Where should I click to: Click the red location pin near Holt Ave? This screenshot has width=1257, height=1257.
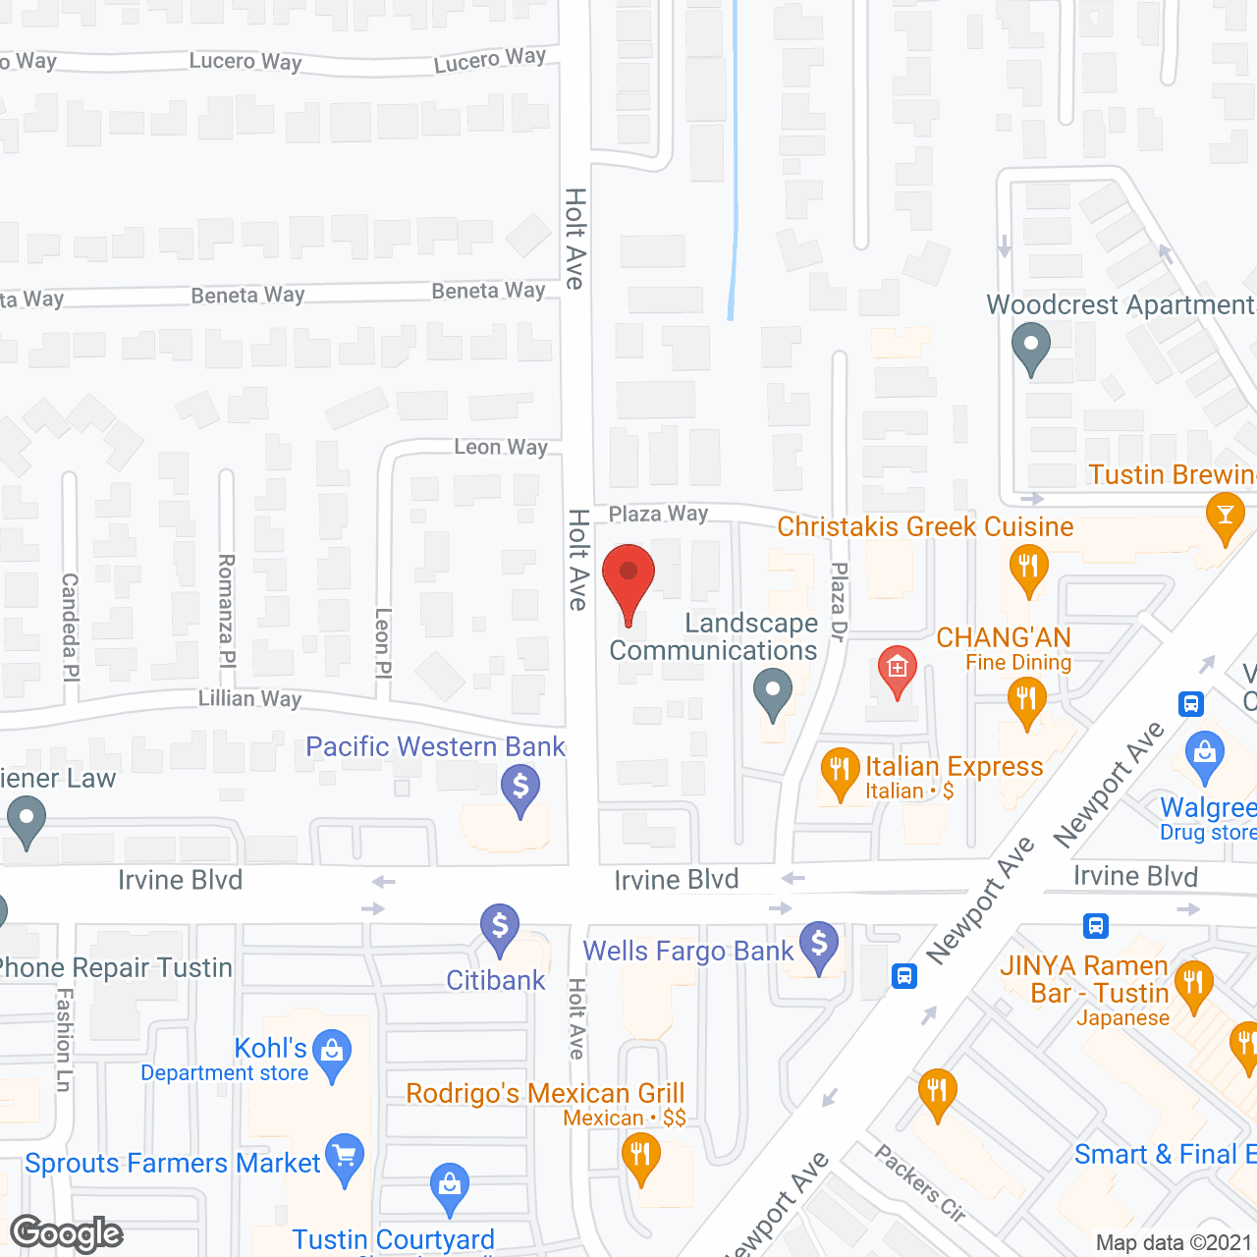[x=628, y=579]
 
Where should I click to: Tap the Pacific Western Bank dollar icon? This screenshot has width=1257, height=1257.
[x=520, y=788]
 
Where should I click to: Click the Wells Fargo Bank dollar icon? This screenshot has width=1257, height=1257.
[x=819, y=945]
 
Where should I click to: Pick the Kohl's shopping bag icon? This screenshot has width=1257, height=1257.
[x=332, y=1052]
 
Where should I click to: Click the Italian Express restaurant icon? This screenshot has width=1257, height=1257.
[x=840, y=770]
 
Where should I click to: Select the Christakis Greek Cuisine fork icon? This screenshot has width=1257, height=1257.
[x=1028, y=568]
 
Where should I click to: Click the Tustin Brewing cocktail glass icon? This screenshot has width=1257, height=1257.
[x=1225, y=515]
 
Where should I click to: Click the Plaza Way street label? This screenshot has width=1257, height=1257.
[x=658, y=514]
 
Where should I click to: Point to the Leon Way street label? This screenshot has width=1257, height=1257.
[x=501, y=447]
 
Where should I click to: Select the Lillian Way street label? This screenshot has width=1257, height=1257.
[x=249, y=698]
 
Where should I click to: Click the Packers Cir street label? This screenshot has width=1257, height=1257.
[x=920, y=1183]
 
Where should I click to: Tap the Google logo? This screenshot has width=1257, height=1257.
[x=67, y=1233]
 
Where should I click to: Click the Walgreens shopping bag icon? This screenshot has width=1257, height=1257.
[x=1204, y=754]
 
